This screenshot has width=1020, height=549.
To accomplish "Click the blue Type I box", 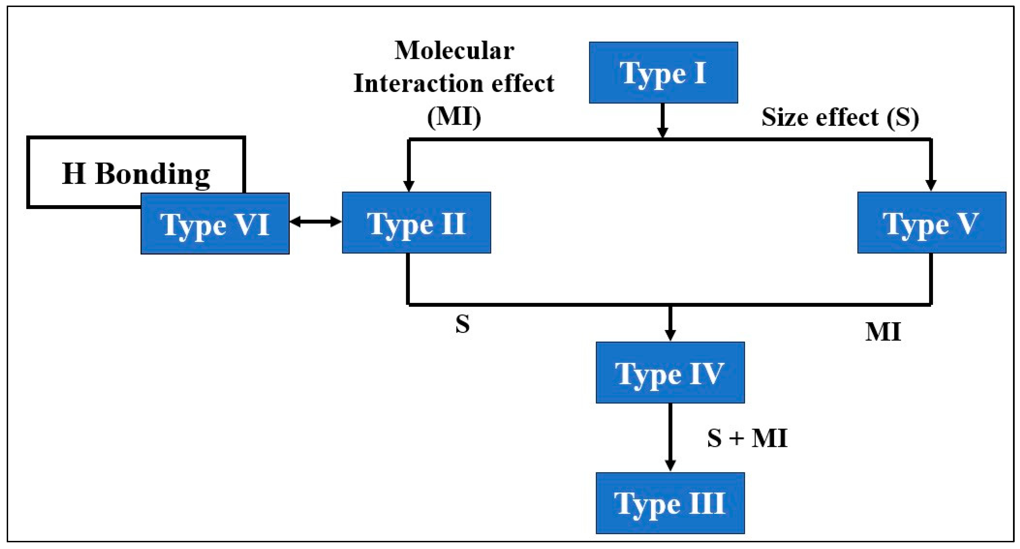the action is point(663,72).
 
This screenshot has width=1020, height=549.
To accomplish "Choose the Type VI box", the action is point(215,223).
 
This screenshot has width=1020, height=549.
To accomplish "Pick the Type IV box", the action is point(670,373).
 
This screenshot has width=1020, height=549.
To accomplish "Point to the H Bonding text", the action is point(136,174).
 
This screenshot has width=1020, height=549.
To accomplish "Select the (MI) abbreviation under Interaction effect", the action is point(454,117).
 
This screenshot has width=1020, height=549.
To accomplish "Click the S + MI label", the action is point(747,438).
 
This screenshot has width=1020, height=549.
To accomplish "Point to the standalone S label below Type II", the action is point(462,325).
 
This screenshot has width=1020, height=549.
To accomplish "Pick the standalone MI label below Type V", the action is point(883,332).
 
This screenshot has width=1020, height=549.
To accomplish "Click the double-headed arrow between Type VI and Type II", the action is point(315,222).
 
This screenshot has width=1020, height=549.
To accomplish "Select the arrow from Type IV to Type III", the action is point(670,437).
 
